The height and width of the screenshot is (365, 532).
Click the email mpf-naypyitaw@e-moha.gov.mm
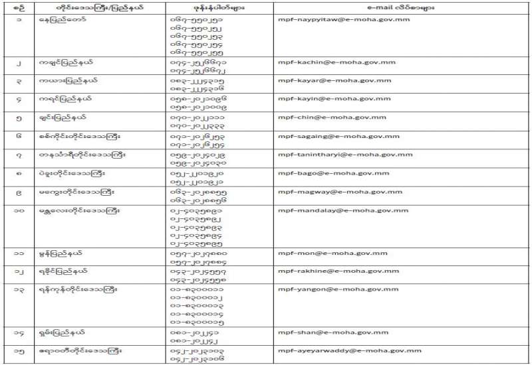[x=330, y=20]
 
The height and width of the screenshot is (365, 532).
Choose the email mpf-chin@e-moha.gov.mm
[x=321, y=117]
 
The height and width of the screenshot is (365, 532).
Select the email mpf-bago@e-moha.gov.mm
[x=321, y=173]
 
